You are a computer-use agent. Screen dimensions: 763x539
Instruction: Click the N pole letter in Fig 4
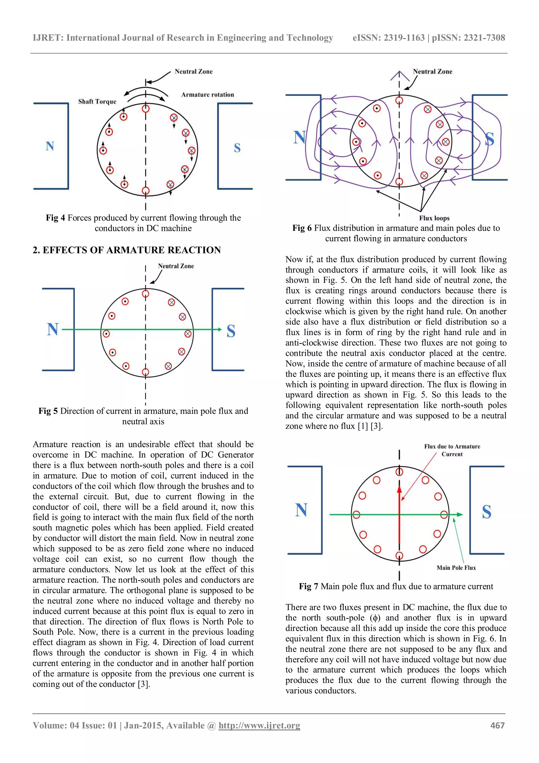pos(50,146)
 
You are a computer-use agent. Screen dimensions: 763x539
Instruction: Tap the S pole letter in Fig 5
pos(231,331)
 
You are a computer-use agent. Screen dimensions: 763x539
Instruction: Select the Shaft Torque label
pos(97,102)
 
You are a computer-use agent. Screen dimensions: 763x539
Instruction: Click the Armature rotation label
pos(208,95)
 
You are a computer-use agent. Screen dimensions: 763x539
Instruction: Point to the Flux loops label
pos(434,218)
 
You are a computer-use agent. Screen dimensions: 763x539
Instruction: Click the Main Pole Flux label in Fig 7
pos(456,568)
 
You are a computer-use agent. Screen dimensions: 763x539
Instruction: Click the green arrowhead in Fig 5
pos(219,329)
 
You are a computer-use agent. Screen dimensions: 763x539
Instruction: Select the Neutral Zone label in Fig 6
pos(432,71)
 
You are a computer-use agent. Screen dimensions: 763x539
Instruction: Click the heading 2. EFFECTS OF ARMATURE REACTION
pos(127,250)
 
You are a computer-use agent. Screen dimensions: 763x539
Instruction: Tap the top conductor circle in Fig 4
pos(146,109)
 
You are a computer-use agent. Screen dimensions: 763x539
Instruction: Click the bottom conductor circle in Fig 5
pos(146,372)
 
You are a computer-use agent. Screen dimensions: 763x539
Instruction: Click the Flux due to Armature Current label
pos(452,450)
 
